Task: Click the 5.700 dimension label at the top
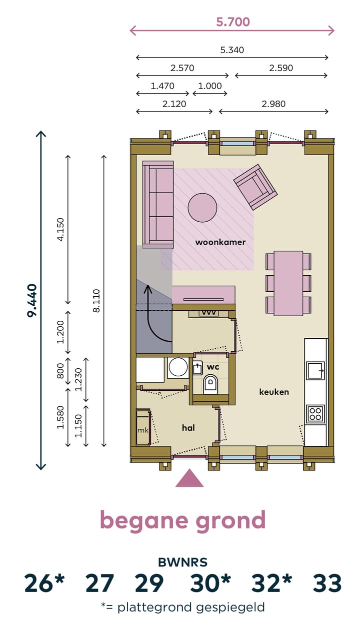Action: pyautogui.click(x=233, y=22)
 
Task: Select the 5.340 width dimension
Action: pyautogui.click(x=232, y=50)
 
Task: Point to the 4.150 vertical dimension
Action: pyautogui.click(x=61, y=229)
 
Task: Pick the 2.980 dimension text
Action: pyautogui.click(x=273, y=104)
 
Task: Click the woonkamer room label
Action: pyautogui.click(x=220, y=242)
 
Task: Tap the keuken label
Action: pyautogui.click(x=274, y=392)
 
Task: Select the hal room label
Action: pyautogui.click(x=188, y=428)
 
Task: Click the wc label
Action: pyautogui.click(x=213, y=367)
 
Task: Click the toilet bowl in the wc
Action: pyautogui.click(x=210, y=385)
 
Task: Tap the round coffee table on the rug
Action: pyautogui.click(x=202, y=207)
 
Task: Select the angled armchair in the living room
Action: pyautogui.click(x=255, y=187)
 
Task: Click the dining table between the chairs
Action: pyautogui.click(x=288, y=283)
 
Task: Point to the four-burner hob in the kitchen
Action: pyautogui.click(x=315, y=413)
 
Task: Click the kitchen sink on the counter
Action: pyautogui.click(x=315, y=371)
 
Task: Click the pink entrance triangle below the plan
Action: pyautogui.click(x=189, y=478)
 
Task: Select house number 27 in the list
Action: pyautogui.click(x=99, y=583)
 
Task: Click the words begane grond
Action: pyautogui.click(x=182, y=521)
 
